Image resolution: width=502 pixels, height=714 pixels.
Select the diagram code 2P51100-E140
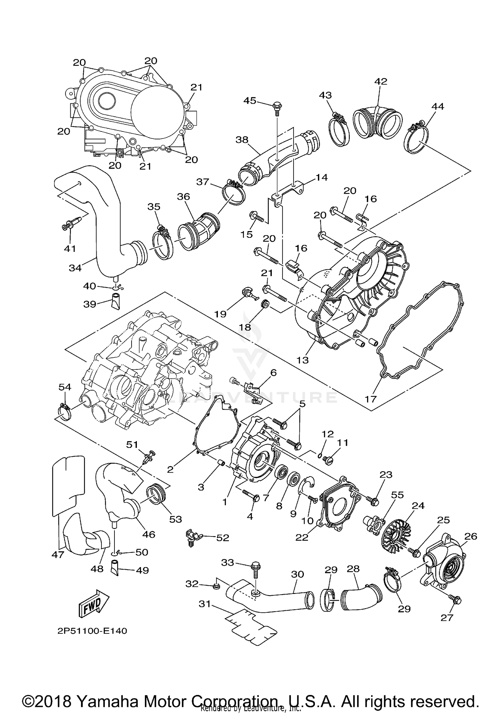pyautogui.click(x=92, y=631)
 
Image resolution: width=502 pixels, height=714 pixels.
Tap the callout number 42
pyautogui.click(x=381, y=81)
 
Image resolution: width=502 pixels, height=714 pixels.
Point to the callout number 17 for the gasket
pyautogui.click(x=371, y=399)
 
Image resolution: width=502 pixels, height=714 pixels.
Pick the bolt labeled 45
pyautogui.click(x=277, y=107)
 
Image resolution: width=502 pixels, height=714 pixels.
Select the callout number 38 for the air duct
pyautogui.click(x=242, y=139)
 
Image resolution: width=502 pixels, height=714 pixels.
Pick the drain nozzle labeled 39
pyautogui.click(x=116, y=301)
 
